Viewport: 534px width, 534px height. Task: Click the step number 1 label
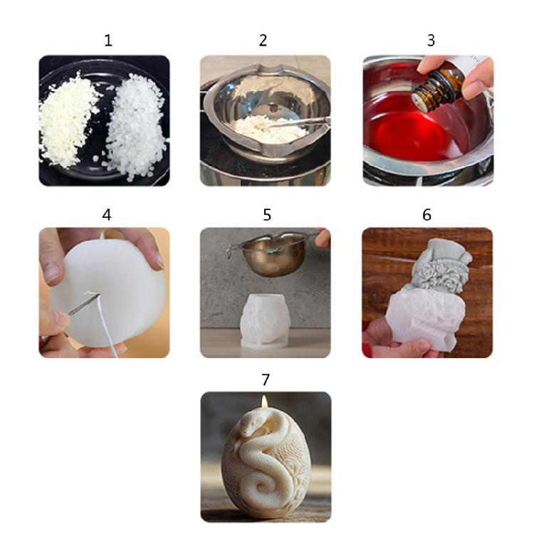[x=108, y=41]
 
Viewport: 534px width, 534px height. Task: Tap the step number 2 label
[x=263, y=41]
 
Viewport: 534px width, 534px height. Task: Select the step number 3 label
[x=431, y=41]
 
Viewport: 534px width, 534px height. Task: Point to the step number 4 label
[x=107, y=214]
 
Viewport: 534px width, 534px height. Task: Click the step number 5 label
[x=267, y=214]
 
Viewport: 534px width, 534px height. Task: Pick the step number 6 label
[x=426, y=214]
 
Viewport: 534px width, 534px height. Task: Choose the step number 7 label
[x=266, y=379]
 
